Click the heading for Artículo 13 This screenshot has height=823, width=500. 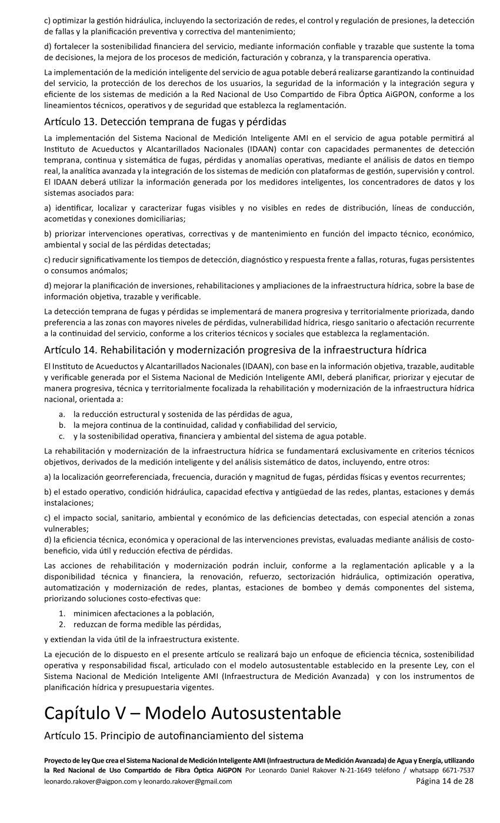165,122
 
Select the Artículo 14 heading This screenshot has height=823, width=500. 235,350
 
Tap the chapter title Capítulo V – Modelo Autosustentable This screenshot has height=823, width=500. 192,713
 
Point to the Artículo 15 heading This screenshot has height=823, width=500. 174,735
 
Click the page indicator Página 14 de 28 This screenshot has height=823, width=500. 445,781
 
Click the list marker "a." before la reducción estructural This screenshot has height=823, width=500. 61,414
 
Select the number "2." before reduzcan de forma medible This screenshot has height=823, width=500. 62,624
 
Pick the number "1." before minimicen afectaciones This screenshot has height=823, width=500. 62,613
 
